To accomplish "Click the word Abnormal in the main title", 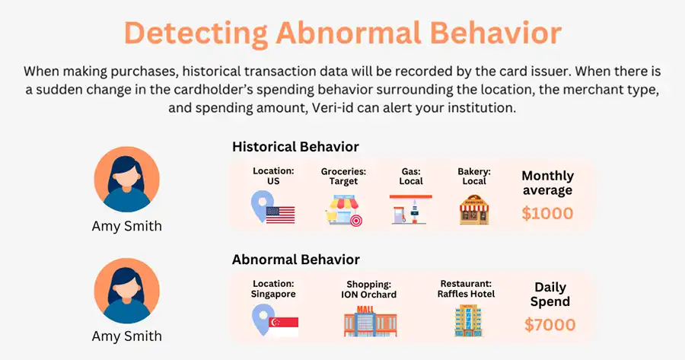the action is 349,33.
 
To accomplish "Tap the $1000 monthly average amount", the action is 547,213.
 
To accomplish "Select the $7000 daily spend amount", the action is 550,325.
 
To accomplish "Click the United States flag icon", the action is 280,215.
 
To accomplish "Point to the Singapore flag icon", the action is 284,327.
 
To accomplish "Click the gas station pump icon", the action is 411,209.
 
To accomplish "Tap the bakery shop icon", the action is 474,210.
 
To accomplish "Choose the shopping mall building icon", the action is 371,321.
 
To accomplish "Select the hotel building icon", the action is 468,320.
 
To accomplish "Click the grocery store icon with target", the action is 344,211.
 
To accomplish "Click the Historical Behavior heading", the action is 295,147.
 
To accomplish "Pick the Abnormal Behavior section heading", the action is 296,260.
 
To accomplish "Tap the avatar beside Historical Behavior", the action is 126,179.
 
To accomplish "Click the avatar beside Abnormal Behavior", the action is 126,291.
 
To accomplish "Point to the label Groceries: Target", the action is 343,177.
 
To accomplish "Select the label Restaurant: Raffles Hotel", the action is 466,288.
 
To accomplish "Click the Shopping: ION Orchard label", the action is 368,290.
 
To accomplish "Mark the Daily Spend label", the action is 550,295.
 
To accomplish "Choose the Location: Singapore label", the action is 273,288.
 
